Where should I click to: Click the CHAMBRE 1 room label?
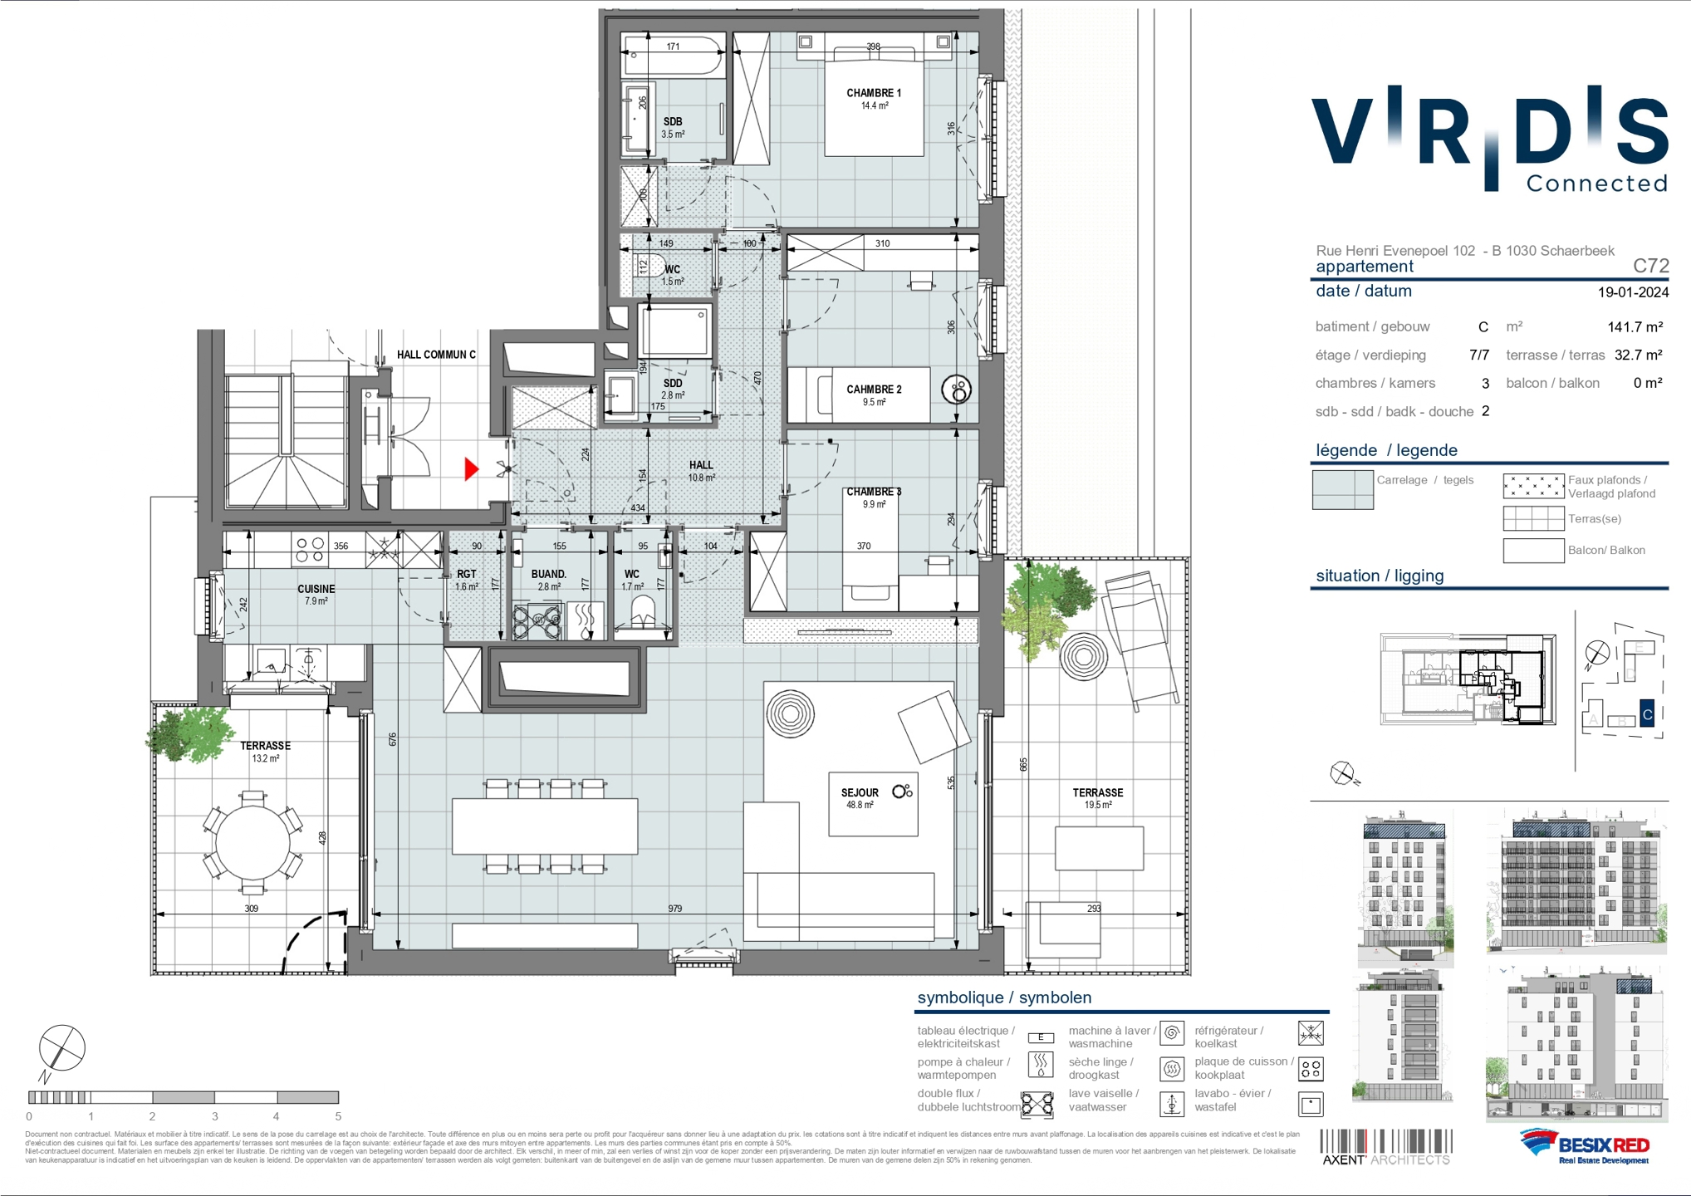[x=874, y=94]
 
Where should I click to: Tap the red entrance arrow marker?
[x=471, y=469]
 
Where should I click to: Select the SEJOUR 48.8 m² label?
[x=860, y=797]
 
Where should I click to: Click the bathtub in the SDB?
[x=673, y=56]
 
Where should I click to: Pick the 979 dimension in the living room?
[x=674, y=909]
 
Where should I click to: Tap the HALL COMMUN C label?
[x=436, y=355]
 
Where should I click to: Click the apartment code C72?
[x=1650, y=266]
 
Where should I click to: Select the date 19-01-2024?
[x=1633, y=292]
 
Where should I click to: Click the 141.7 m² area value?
[x=1635, y=327]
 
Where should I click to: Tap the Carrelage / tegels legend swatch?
[x=1342, y=489]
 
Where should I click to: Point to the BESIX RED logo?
[x=1585, y=1147]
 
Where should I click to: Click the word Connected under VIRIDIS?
[x=1596, y=184]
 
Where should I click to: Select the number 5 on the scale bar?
[x=338, y=1116]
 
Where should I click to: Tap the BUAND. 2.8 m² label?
[x=548, y=579]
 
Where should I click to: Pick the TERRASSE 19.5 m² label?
[x=1097, y=798]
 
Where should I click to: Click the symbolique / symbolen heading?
[x=1004, y=997]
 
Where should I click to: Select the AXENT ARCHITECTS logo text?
[x=1385, y=1159]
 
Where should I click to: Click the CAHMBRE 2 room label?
[x=874, y=395]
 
